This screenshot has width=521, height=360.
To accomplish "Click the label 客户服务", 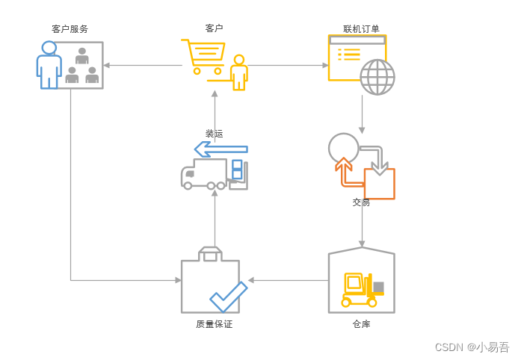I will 70,29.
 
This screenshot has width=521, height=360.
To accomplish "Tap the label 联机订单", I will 361,29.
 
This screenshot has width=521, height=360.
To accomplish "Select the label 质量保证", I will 214,324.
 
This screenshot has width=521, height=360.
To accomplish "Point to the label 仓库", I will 361,324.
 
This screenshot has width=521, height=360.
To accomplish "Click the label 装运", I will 215,134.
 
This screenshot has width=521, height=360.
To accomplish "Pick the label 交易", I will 361,202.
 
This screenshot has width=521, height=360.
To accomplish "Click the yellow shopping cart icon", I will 203,55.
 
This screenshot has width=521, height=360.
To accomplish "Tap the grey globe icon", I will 377,77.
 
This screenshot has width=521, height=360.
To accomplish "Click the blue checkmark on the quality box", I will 229,297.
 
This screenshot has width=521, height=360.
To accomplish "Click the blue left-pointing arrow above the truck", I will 221,149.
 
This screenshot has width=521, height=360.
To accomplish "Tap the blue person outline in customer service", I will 49,65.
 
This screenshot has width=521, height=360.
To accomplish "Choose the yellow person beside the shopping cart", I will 239,72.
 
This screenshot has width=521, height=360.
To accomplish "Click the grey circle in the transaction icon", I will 344,147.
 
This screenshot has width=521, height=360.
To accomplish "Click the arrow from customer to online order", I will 288,65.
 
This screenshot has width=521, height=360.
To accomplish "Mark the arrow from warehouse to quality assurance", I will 288,280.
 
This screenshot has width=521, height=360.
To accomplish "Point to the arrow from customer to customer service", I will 142,65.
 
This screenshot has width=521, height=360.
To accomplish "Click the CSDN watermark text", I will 472,347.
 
